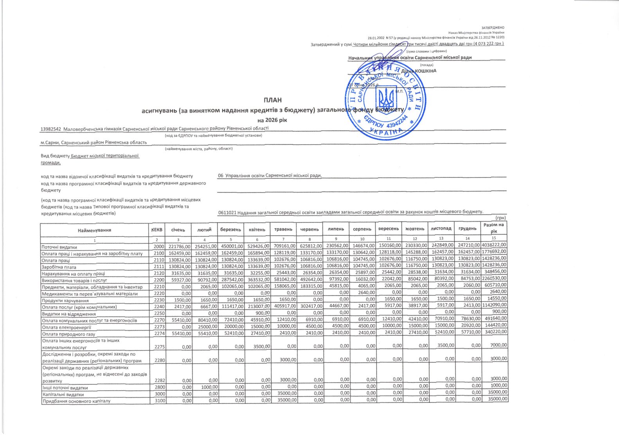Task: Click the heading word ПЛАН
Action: [273, 101]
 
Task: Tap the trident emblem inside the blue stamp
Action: [386, 98]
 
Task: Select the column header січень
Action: [178, 230]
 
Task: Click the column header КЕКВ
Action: [157, 230]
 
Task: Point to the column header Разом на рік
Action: [494, 228]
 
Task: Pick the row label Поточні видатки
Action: [59, 247]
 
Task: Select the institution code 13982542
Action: [51, 129]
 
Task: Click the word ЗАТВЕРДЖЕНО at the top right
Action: [493, 28]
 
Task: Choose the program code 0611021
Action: [227, 212]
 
